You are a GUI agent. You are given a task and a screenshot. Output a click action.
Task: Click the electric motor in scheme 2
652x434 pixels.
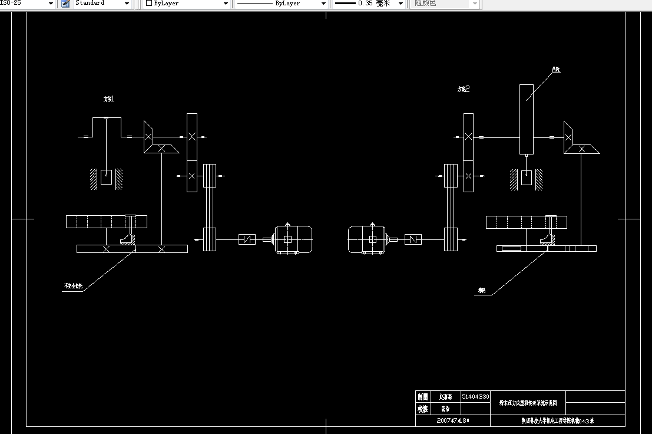pyautogui.click(x=366, y=239)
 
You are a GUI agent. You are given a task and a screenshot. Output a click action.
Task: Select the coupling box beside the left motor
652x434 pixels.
pyautogui.click(x=247, y=239)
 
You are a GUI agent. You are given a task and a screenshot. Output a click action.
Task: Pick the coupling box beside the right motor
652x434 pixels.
pyautogui.click(x=413, y=239)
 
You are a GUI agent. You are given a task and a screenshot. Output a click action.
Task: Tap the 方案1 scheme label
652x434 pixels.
pyautogui.click(x=109, y=99)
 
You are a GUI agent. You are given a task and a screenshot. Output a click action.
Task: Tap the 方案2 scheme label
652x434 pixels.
pyautogui.click(x=464, y=90)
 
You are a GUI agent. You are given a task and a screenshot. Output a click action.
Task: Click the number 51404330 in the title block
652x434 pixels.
pyautogui.click(x=475, y=397)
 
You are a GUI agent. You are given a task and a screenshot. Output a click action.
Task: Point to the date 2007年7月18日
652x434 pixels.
pyautogui.click(x=453, y=421)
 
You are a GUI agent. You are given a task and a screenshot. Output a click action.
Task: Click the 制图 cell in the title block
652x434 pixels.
pyautogui.click(x=423, y=397)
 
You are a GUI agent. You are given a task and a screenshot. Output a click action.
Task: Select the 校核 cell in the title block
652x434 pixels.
pyautogui.click(x=423, y=408)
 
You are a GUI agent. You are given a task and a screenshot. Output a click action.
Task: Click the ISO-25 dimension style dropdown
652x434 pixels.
pyautogui.click(x=27, y=4)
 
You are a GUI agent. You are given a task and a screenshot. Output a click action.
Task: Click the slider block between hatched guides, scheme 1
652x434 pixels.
pyautogui.click(x=106, y=177)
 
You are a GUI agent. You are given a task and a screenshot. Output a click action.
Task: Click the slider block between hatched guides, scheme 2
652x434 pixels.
pyautogui.click(x=527, y=177)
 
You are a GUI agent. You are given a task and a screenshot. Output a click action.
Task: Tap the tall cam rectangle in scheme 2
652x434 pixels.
pyautogui.click(x=527, y=119)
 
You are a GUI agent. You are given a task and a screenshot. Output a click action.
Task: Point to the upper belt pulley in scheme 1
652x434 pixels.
pyautogui.click(x=210, y=175)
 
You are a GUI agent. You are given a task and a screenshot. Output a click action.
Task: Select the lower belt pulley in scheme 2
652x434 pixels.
pyautogui.click(x=451, y=239)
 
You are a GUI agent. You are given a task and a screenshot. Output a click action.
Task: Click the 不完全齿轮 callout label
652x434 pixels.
pyautogui.click(x=74, y=287)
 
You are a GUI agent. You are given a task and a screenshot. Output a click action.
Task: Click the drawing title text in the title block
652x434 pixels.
pyautogui.click(x=532, y=403)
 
